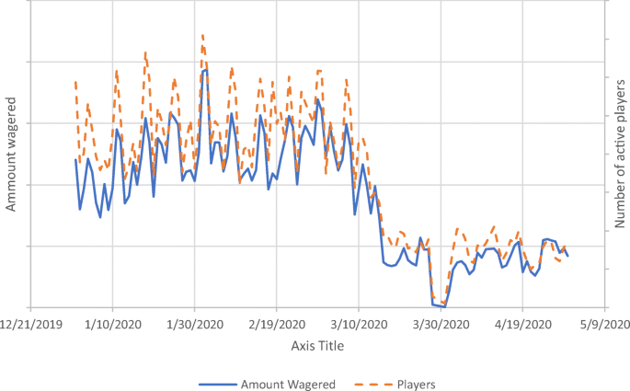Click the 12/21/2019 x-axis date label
(30, 324)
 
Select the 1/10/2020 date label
(112, 324)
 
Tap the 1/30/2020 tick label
(194, 324)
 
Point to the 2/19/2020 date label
(276, 324)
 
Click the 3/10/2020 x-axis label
(359, 324)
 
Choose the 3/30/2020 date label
(441, 324)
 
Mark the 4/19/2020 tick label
(522, 324)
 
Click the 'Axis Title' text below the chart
(316, 344)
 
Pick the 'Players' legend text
(416, 384)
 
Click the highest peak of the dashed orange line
(202, 35)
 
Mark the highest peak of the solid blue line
(205, 69)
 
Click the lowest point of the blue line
(443, 305)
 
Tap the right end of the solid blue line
(568, 256)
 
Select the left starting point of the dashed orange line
(75, 82)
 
